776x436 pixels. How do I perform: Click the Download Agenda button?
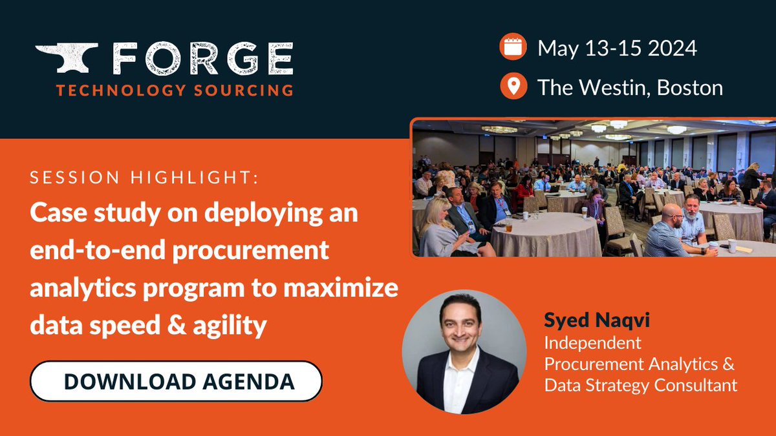[x=176, y=381]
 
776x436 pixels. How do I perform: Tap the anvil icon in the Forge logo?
[x=67, y=57]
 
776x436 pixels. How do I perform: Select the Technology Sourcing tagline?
[x=175, y=90]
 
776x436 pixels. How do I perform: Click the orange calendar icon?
[x=513, y=49]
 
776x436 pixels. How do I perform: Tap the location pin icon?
[x=513, y=87]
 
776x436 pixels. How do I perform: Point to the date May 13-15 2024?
[x=618, y=49]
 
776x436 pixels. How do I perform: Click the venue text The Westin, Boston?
[x=630, y=87]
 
